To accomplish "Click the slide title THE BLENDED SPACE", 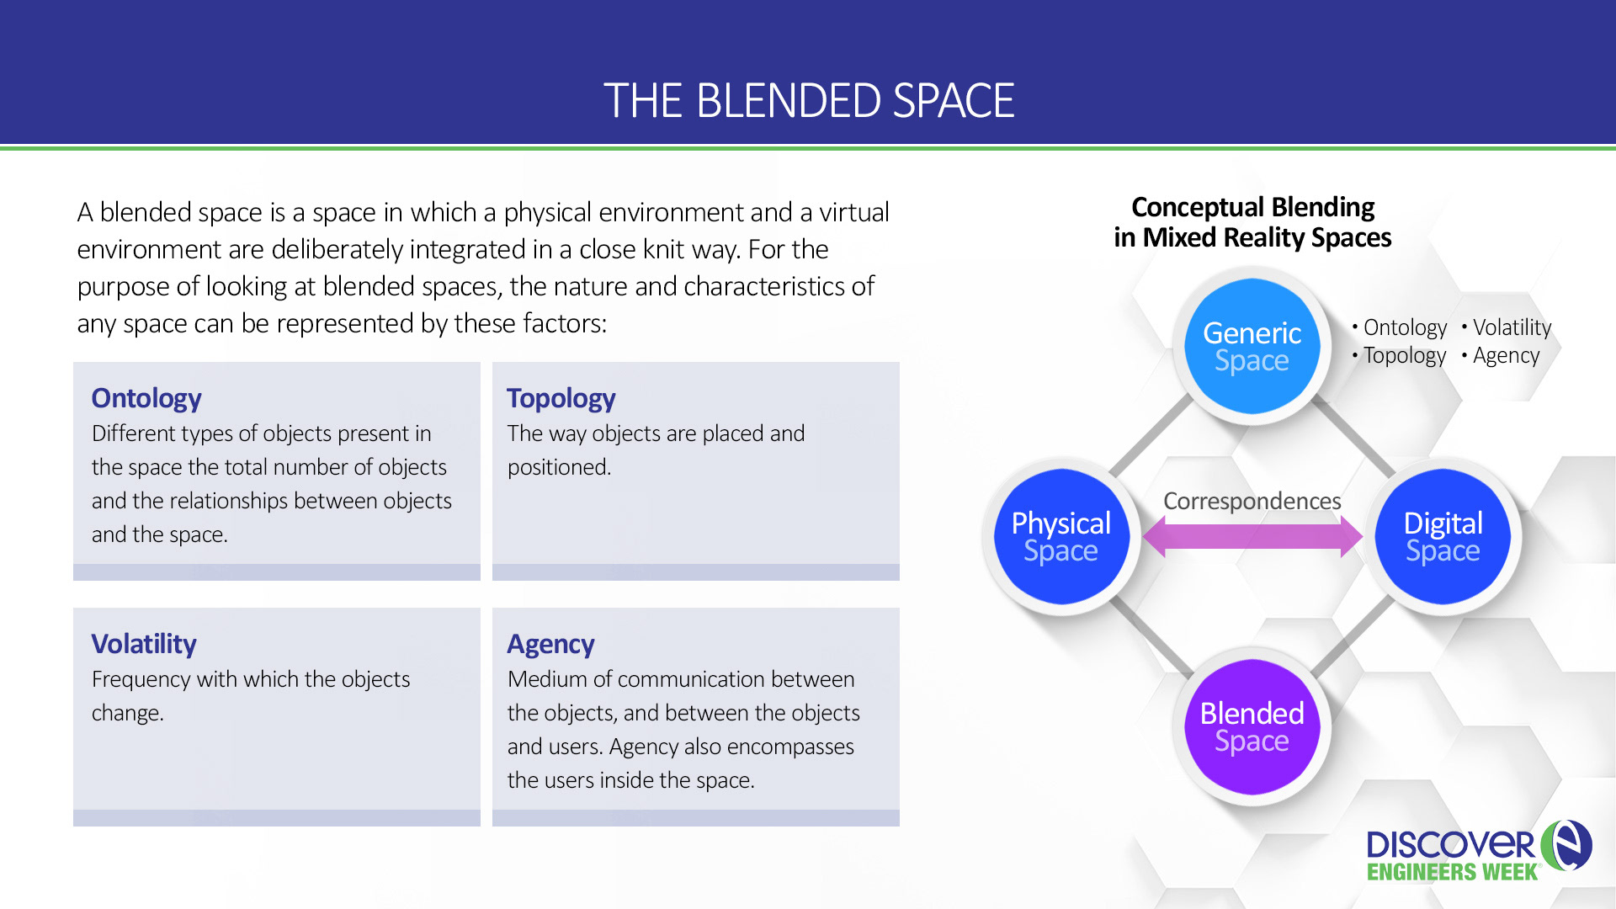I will pos(808,101).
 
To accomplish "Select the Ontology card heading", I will pos(146,398).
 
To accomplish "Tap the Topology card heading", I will pos(561,398).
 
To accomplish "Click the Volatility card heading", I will pos(144,644).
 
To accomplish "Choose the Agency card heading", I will pos(550,644).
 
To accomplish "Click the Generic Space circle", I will pos(1252,346).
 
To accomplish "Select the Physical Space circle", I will pos(1060,536).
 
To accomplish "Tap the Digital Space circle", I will pos(1443,536).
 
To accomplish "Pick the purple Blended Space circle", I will pos(1252,726).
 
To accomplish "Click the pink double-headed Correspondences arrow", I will pos(1252,536).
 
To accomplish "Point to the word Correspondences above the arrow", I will pos(1252,501).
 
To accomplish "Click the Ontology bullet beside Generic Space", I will pos(1405,327).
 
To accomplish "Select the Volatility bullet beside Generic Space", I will pos(1512,327).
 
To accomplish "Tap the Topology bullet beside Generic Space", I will pos(1404,355).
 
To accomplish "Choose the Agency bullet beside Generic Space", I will pos(1506,355).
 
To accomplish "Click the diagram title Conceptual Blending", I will pos(1252,207).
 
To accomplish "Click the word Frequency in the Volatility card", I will pos(141,679).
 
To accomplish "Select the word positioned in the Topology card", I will pos(559,467).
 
